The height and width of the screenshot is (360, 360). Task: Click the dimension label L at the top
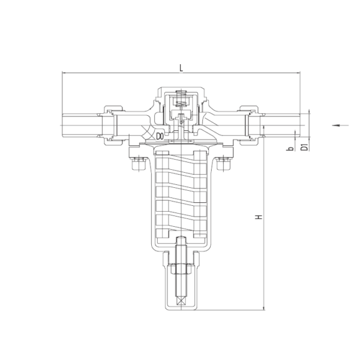(181, 68)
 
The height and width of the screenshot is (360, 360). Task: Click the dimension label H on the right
(259, 217)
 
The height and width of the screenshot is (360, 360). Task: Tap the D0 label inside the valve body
(160, 137)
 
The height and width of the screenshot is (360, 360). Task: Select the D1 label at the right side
(304, 147)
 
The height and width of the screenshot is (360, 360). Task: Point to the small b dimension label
(291, 149)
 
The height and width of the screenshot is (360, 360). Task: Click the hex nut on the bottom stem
(181, 268)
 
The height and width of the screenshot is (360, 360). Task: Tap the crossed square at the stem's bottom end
(181, 301)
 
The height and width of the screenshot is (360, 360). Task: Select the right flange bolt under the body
(224, 164)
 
